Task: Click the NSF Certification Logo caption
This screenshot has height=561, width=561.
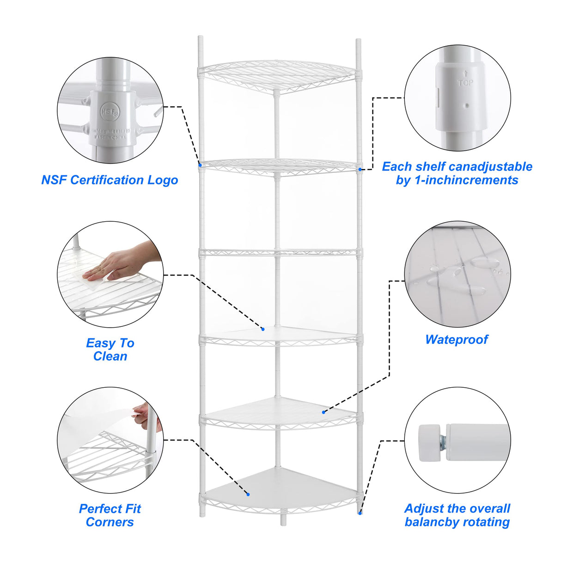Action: (110, 180)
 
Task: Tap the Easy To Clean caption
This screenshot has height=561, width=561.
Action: (110, 349)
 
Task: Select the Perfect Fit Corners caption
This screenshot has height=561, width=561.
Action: (110, 515)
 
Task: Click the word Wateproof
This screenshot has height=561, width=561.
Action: (457, 340)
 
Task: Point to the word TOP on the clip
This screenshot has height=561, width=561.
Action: (465, 83)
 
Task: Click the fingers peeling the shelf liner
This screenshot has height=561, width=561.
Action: (143, 411)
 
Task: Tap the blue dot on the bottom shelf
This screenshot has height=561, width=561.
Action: (248, 494)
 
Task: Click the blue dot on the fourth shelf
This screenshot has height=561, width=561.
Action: (262, 329)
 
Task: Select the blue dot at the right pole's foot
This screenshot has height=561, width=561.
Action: (360, 512)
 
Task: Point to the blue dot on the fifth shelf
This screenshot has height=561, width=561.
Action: (323, 412)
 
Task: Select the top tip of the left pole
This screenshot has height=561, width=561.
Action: (201, 38)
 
